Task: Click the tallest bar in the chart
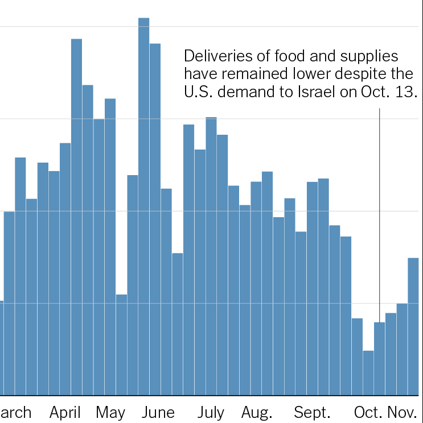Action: [x=144, y=205]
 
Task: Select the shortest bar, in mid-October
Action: [x=368, y=372]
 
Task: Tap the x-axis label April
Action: [x=65, y=412]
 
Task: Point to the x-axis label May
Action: [x=110, y=412]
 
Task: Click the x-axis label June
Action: [x=158, y=412]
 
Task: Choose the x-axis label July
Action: [x=211, y=412]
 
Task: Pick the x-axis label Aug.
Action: [x=257, y=412]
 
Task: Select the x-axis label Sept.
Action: [x=313, y=412]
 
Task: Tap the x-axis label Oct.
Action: [x=368, y=412]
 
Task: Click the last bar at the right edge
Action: [x=414, y=326]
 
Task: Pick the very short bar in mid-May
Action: [x=122, y=345]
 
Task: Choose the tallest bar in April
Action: [x=77, y=216]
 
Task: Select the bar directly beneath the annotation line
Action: [x=380, y=358]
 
